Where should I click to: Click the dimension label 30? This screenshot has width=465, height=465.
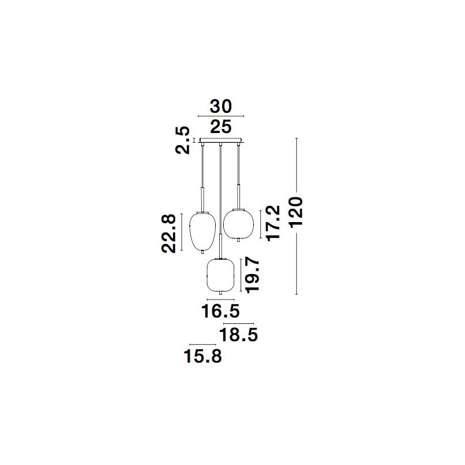(220, 106)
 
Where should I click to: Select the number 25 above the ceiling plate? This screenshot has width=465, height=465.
(220, 127)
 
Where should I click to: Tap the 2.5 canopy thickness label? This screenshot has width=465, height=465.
(182, 140)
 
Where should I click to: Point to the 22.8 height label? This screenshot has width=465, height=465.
(168, 234)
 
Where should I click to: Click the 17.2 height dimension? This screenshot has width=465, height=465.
(273, 223)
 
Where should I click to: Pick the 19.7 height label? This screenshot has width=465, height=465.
(253, 275)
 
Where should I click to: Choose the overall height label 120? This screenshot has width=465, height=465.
(296, 212)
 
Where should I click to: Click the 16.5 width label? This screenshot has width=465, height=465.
(220, 311)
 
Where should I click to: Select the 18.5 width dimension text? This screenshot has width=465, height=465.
(238, 335)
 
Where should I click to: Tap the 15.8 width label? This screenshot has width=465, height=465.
(203, 356)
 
